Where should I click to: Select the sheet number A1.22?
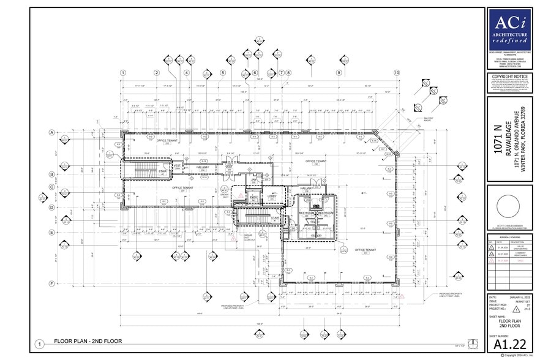pos(510,344)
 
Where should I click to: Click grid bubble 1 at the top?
pos(123,72)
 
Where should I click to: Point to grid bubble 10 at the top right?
pos(397,73)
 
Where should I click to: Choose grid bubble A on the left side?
pos(52,132)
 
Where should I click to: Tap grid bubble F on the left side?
pos(52,283)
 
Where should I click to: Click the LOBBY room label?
pos(272,197)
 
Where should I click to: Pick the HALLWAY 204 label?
pos(203,167)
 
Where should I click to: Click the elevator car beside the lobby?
pos(254,197)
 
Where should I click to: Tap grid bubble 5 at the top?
pos(223,72)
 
